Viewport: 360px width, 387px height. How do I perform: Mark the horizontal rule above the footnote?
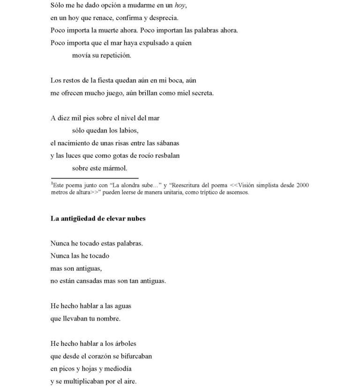94,179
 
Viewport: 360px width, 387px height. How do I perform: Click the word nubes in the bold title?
135,219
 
